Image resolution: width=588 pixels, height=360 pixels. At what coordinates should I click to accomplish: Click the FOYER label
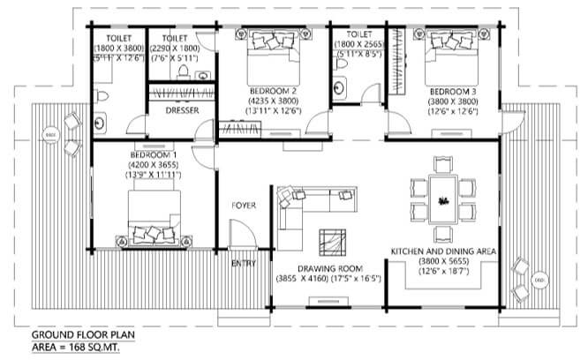point(244,206)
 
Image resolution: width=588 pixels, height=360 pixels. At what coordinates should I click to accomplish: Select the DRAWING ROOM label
point(331,268)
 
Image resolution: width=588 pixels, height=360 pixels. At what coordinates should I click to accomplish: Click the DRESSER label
point(182,110)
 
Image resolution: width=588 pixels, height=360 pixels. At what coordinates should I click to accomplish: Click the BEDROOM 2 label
point(272,91)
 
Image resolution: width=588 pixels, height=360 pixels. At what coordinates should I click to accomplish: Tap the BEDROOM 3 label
point(453,91)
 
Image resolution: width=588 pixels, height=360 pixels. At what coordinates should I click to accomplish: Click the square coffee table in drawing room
point(334,240)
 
